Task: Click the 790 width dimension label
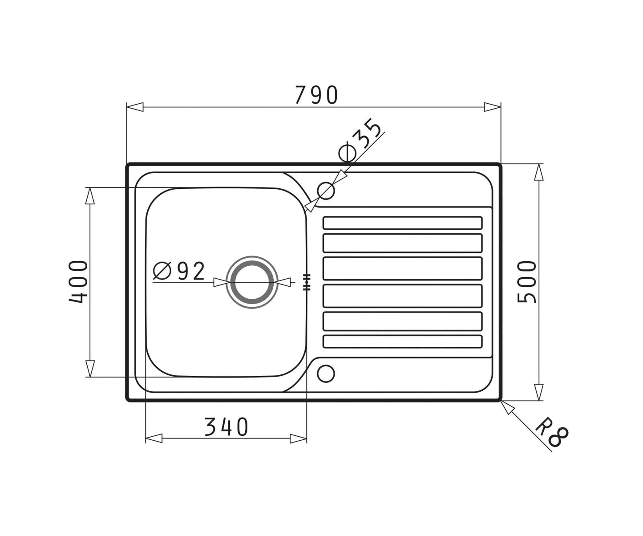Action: [x=317, y=95]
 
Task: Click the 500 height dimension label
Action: [x=528, y=282]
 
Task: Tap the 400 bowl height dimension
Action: [x=79, y=282]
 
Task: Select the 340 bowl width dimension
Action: [x=226, y=427]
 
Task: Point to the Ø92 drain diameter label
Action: [x=179, y=271]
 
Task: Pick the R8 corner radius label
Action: [x=552, y=431]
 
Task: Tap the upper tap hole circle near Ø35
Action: [x=326, y=191]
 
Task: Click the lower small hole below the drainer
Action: [x=326, y=374]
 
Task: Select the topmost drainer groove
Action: [x=402, y=223]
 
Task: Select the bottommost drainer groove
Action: [x=402, y=341]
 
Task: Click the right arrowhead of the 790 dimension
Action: [x=493, y=107]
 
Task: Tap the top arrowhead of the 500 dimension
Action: [x=539, y=172]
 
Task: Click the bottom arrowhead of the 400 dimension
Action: [x=90, y=369]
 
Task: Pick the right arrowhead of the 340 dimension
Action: [x=298, y=439]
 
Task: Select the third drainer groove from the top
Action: [x=402, y=268]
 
